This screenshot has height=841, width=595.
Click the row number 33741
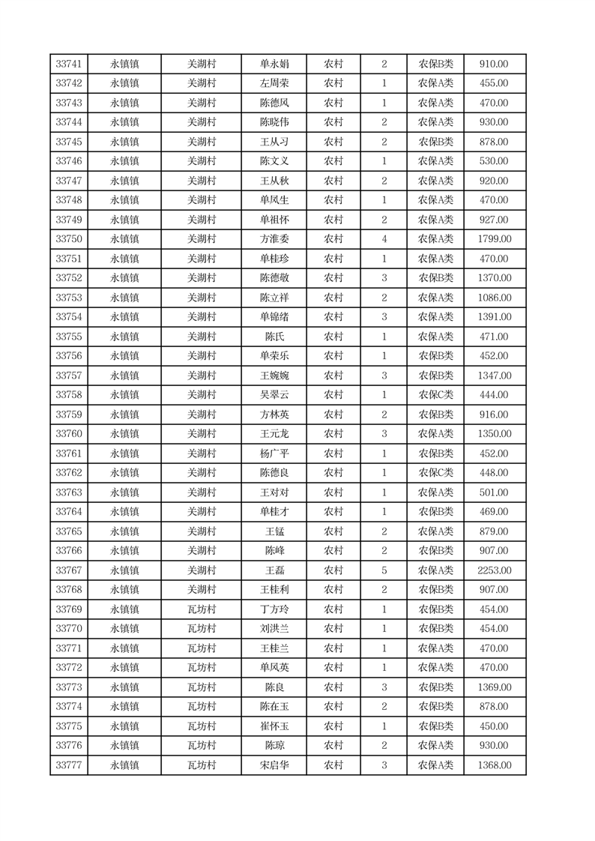coord(68,64)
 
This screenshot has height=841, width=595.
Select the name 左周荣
coord(274,84)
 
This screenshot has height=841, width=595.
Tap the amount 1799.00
coord(494,239)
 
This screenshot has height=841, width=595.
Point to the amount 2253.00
coord(494,570)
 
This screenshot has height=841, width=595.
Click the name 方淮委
coord(274,239)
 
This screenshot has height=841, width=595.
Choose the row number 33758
coord(68,395)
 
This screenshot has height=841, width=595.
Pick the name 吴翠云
coord(274,395)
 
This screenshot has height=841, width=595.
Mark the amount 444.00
coord(494,395)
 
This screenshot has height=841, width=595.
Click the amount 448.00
coord(494,473)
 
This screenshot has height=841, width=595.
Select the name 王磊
coord(274,570)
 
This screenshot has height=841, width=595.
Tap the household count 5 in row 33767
coord(384,570)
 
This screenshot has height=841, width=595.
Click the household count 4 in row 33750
coord(384,239)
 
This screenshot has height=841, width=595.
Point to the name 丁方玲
coord(274,609)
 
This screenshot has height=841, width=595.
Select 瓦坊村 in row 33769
coord(201,609)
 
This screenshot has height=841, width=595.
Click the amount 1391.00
coord(494,317)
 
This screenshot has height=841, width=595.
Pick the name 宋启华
coord(274,765)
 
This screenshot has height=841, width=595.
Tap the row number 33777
coord(68,765)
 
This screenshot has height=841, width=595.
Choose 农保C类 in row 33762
coord(435,473)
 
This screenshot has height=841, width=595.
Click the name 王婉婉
coord(274,376)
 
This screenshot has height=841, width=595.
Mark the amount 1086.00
coord(494,298)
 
